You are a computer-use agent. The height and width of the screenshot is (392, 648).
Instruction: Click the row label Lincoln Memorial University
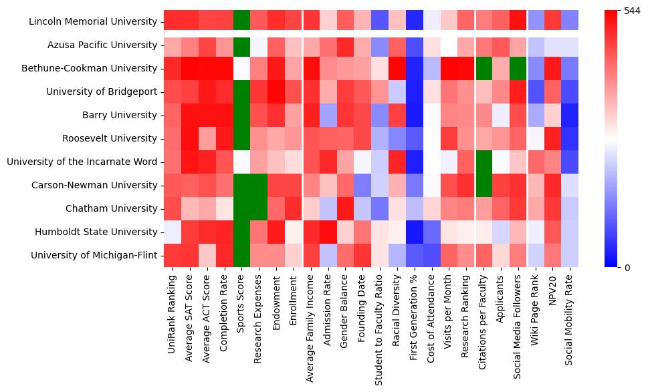pyautogui.click(x=93, y=22)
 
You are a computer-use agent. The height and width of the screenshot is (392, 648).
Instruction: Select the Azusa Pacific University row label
pyautogui.click(x=102, y=45)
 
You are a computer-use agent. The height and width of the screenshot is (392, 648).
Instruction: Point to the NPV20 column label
pyautogui.click(x=553, y=295)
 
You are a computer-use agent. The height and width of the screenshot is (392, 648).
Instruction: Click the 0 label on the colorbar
pyautogui.click(x=627, y=268)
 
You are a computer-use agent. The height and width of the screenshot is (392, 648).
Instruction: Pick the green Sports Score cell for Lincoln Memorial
pyautogui.click(x=241, y=21)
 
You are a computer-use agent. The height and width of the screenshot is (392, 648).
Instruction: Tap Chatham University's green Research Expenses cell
pyautogui.click(x=259, y=209)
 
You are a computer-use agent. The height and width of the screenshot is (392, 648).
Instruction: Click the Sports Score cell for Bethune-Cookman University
pyautogui.click(x=241, y=69)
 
